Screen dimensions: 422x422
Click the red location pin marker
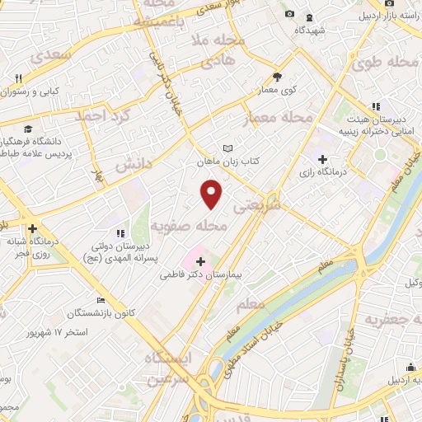(212, 194)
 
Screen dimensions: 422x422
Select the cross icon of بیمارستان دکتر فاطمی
(201, 261)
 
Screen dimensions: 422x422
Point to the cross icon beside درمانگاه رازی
(322, 160)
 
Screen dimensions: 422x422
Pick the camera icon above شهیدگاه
(288, 15)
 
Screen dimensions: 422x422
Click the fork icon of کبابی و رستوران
(17, 77)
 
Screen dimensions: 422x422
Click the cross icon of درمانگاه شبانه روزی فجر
(32, 228)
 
